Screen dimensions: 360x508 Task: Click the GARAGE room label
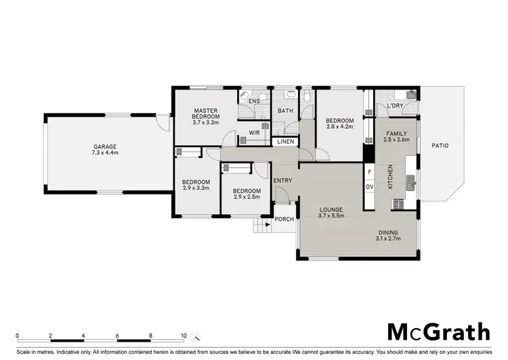tap(105, 146)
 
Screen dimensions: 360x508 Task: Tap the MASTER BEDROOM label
tap(205, 114)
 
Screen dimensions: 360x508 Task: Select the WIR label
tap(255, 133)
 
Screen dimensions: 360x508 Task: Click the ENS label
tap(254, 102)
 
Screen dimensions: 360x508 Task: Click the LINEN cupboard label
tap(284, 142)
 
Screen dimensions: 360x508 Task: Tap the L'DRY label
tap(395, 106)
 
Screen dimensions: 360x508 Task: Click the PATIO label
tap(440, 145)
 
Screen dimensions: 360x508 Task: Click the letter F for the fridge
tap(369, 172)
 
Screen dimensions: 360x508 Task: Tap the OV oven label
tap(369, 186)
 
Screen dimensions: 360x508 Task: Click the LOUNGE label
tap(332, 209)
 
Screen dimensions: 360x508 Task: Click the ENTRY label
tap(282, 180)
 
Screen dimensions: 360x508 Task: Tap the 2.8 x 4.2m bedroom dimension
tap(340, 126)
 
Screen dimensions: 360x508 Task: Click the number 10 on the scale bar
tap(184, 336)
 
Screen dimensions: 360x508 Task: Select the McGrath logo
tap(438, 332)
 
